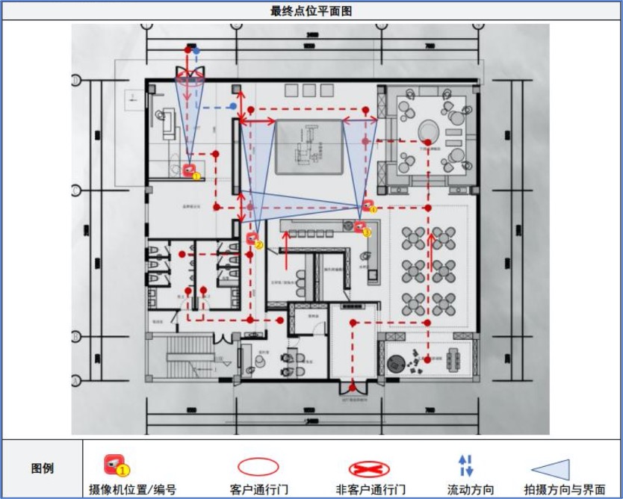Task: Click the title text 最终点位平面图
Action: pyautogui.click(x=311, y=10)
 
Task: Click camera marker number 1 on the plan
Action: pyautogui.click(x=190, y=171)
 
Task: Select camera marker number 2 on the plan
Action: pyautogui.click(x=253, y=239)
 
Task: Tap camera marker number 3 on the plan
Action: pyautogui.click(x=361, y=226)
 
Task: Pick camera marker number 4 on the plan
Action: pyautogui.click(x=368, y=205)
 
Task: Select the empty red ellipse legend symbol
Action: pyautogui.click(x=258, y=467)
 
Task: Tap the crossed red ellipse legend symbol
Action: pyautogui.click(x=369, y=469)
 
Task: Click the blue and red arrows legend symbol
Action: pyautogui.click(x=466, y=466)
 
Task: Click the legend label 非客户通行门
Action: pyautogui.click(x=371, y=490)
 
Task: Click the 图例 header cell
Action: pyautogui.click(x=42, y=469)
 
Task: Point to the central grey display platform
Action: pyautogui.click(x=309, y=146)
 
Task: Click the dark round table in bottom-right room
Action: pyautogui.click(x=396, y=364)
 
